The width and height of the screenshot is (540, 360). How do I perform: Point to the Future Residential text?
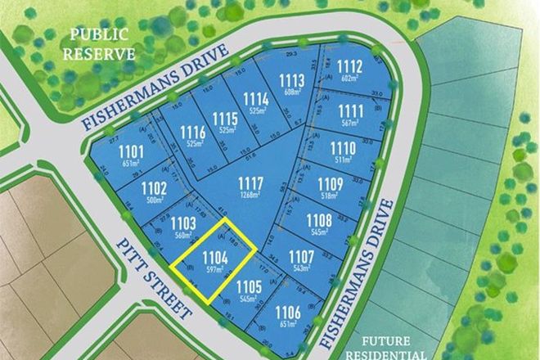tap(385, 349)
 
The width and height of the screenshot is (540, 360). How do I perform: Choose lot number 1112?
tap(349, 66)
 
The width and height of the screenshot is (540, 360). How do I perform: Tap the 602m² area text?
tap(349, 79)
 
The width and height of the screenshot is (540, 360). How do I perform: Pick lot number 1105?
tap(249, 287)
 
